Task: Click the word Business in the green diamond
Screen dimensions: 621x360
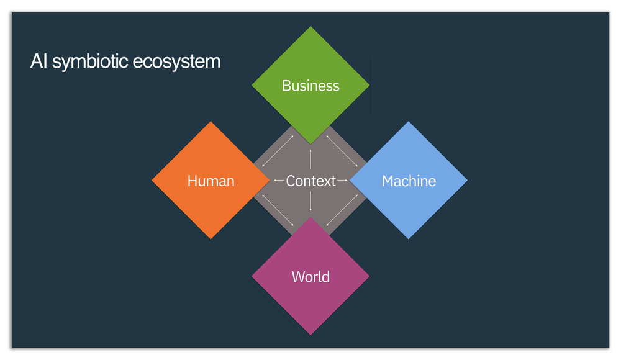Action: point(310,86)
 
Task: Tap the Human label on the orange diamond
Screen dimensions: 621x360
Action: point(211,181)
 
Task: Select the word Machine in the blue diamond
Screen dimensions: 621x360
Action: point(409,181)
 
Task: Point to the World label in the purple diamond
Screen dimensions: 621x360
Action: point(310,277)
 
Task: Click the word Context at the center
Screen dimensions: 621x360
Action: point(311,181)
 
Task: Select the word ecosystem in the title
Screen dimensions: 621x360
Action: point(176,62)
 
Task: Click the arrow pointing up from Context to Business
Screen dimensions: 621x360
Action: point(310,160)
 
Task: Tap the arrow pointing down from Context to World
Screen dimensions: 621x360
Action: point(310,201)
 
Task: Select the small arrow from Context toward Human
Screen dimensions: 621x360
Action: point(279,181)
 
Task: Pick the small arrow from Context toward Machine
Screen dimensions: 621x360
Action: point(342,181)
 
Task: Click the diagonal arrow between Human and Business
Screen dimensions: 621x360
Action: point(278,151)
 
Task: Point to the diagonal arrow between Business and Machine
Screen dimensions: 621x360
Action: point(342,151)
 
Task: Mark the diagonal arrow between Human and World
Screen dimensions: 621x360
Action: point(278,210)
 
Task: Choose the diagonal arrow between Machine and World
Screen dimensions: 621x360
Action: point(342,210)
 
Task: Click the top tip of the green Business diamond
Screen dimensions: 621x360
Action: point(310,27)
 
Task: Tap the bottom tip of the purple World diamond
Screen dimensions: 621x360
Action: point(310,335)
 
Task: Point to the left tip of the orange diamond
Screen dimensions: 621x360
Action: point(152,181)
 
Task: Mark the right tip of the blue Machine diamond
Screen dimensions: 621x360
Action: point(468,181)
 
